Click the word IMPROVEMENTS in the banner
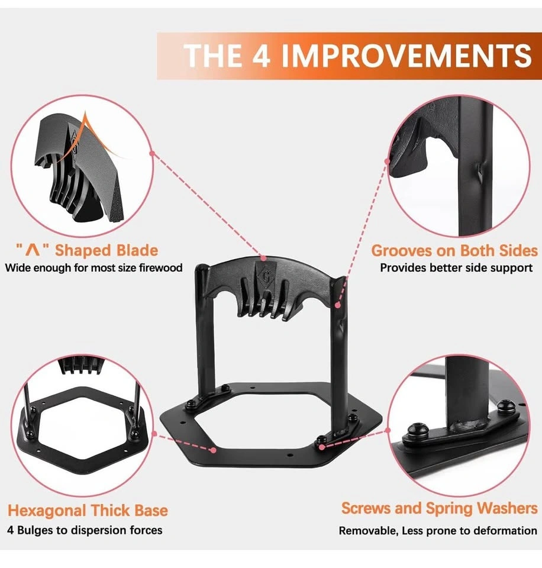406,56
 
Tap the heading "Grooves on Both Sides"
454,251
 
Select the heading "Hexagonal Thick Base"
88,511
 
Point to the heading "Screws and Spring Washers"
439,509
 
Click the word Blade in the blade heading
137,250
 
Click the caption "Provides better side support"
456,267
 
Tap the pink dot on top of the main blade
263,259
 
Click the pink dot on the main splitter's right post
338,305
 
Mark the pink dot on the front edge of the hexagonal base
214,450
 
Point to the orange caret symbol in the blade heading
33,250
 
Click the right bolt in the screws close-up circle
506,406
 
